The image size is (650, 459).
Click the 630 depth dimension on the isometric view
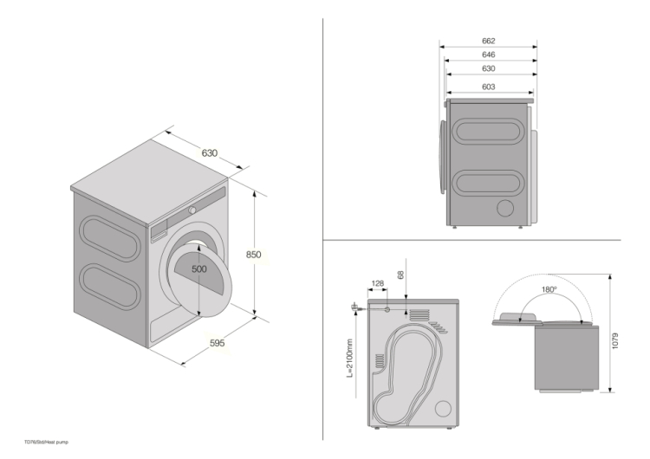point(210,153)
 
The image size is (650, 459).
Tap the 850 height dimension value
point(253,255)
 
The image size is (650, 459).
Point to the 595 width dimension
point(217,343)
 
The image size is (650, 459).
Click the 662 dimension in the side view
point(488,41)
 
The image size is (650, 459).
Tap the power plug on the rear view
point(354,305)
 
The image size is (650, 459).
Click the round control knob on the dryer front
point(192,209)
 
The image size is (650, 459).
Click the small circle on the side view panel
point(504,208)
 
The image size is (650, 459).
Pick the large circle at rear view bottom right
point(442,408)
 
